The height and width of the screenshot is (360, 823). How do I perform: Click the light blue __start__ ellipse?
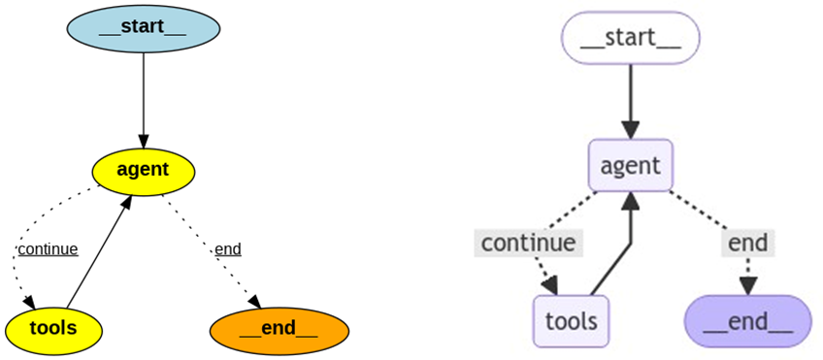point(144,27)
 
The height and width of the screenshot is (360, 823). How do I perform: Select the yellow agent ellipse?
point(144,170)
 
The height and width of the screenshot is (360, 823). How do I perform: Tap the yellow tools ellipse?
point(53,328)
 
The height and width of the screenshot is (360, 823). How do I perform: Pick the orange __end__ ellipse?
point(279,328)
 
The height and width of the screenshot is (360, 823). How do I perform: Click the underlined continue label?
point(48,249)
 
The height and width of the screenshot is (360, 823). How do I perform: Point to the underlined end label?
point(228,249)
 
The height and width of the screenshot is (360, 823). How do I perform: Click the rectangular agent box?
point(631,166)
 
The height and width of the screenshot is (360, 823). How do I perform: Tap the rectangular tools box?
point(571,320)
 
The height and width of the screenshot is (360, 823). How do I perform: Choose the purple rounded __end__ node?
point(747,320)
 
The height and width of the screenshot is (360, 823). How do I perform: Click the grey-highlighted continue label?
point(529,243)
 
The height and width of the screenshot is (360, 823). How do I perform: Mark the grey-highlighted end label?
point(747,243)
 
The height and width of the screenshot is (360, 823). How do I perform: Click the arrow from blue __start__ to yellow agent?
point(144,97)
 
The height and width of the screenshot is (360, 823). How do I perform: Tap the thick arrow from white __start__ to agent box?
point(631,97)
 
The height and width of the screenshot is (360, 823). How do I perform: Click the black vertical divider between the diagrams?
point(407,180)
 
